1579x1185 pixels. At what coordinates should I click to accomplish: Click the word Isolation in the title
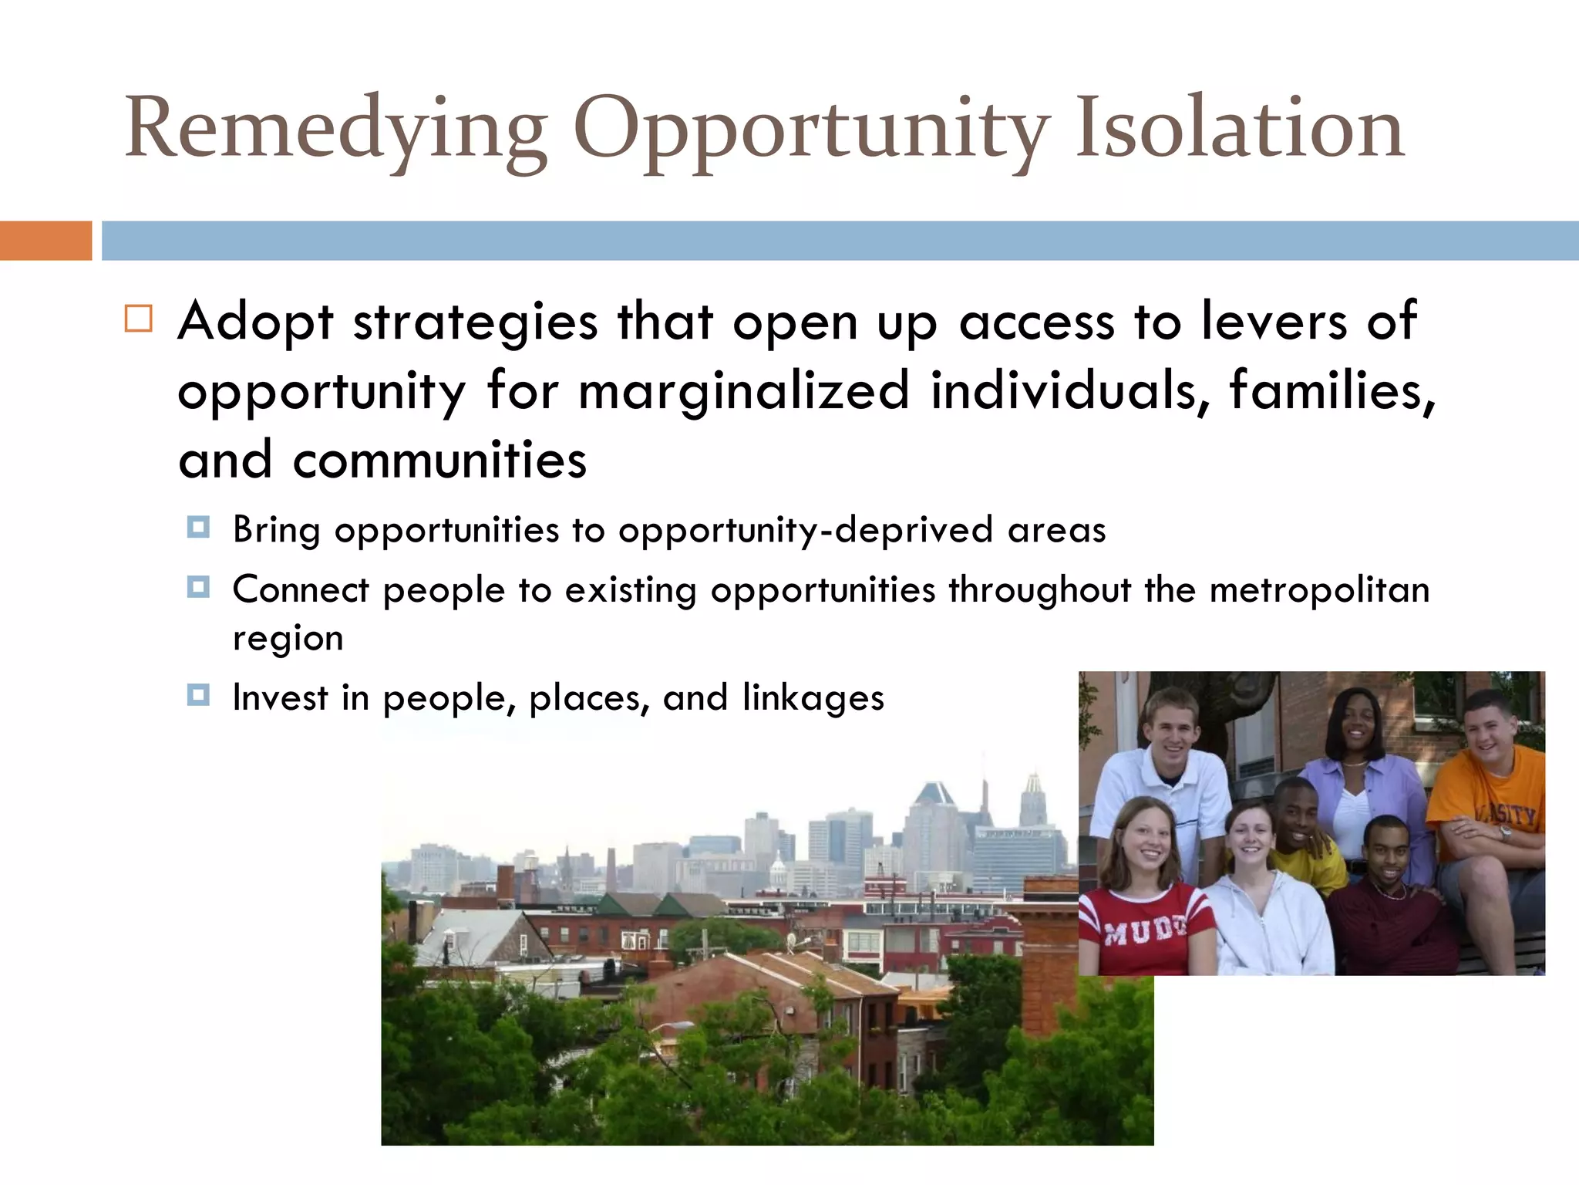tap(1239, 127)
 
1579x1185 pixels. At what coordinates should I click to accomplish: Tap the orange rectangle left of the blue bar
tap(45, 241)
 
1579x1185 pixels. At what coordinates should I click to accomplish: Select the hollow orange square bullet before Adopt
tap(139, 319)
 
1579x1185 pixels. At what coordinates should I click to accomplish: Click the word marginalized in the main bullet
tap(744, 390)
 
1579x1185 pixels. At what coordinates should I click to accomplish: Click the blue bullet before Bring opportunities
tap(198, 528)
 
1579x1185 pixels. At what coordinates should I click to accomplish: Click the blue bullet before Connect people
tap(198, 588)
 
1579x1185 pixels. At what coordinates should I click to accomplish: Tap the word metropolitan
tap(1319, 590)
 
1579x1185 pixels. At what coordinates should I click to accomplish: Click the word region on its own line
tap(288, 639)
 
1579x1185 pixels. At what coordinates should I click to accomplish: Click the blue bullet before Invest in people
tap(198, 696)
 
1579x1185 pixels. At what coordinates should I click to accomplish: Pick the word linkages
tap(813, 697)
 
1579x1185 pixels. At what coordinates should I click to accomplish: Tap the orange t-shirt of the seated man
tap(1484, 802)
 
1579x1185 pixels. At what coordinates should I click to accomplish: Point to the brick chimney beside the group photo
tap(1049, 957)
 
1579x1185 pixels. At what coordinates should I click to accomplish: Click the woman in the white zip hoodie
tap(1264, 910)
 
